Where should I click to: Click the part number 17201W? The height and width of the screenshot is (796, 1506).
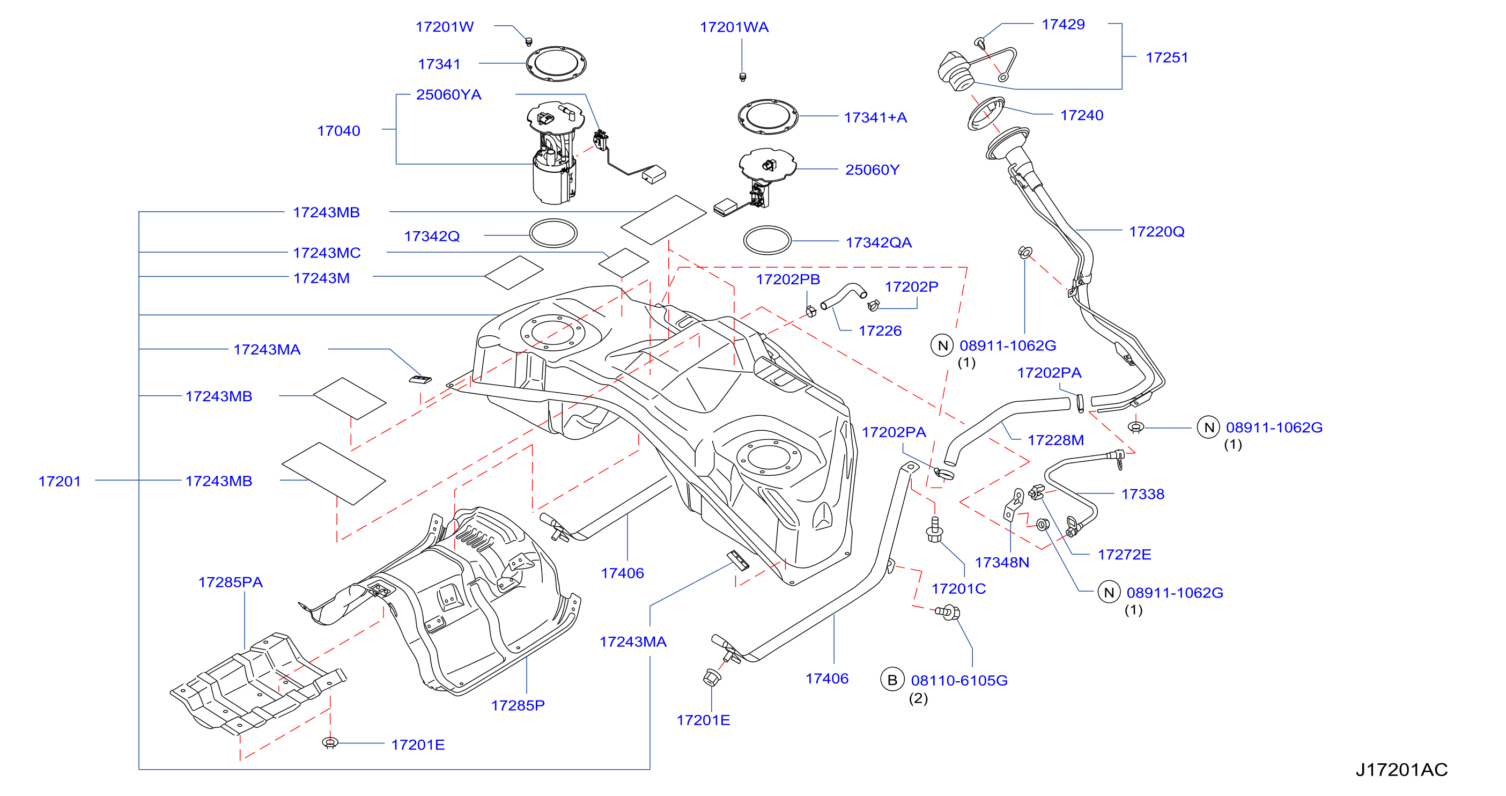[x=444, y=27]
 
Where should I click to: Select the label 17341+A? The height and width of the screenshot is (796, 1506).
[x=875, y=117]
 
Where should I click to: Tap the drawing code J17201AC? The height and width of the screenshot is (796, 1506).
[x=1401, y=770]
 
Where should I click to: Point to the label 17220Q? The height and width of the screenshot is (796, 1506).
[x=1156, y=232]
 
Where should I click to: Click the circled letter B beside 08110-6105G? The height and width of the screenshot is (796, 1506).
[x=892, y=680]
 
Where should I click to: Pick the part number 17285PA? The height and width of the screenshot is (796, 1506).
[x=230, y=582]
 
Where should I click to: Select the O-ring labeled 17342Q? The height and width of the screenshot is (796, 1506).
[x=553, y=233]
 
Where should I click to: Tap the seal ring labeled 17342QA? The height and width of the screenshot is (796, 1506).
[x=767, y=240]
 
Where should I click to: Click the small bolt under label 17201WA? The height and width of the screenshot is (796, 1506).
[x=742, y=77]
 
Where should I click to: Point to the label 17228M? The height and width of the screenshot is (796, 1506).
[x=1055, y=440]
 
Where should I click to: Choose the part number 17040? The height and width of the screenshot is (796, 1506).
[x=338, y=131]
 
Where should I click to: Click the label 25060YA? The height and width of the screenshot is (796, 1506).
[x=448, y=95]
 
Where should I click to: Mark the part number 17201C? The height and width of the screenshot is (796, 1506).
[x=958, y=588]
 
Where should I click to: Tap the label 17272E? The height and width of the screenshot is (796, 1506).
[x=1124, y=555]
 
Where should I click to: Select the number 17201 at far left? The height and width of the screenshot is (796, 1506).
[x=59, y=481]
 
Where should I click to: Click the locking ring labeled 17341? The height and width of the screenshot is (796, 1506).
[x=556, y=64]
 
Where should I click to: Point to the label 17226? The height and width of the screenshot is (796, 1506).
[x=880, y=331]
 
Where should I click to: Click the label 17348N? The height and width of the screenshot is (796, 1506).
[x=1001, y=562]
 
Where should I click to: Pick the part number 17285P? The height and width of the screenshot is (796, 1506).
[x=518, y=705]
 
